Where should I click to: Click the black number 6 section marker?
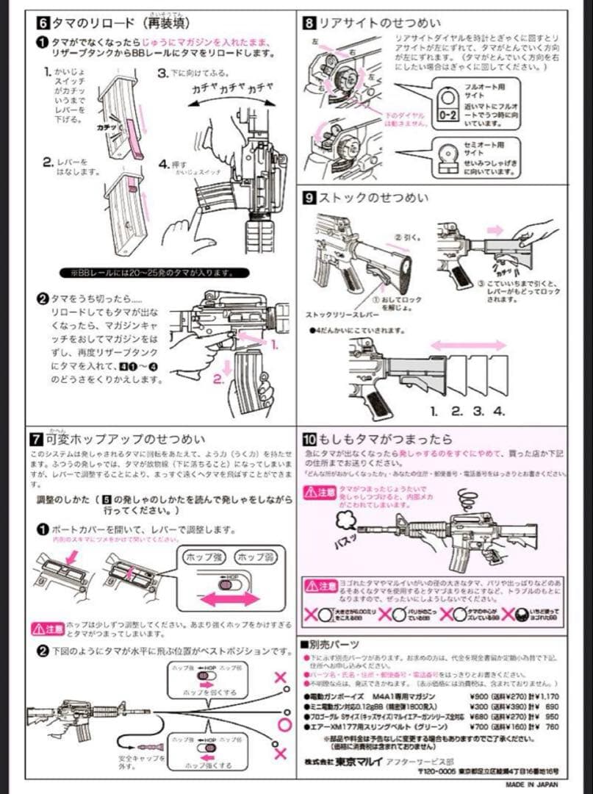coord(43,23)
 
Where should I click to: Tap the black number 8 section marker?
coord(310,23)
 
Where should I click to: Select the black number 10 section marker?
coord(310,440)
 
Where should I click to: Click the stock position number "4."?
coord(499,411)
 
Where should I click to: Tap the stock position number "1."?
coord(434,411)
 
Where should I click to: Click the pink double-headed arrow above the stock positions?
coord(467,345)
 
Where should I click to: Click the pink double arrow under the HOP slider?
coord(231,599)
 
